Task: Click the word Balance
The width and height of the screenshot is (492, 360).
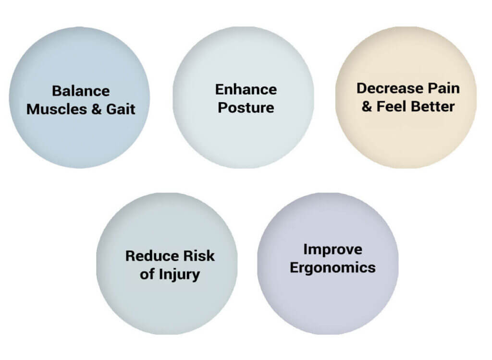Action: tap(81, 91)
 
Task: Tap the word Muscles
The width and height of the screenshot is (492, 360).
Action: tap(57, 109)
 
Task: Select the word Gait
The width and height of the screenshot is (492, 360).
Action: tap(121, 109)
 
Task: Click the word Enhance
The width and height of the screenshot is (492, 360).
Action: tap(246, 90)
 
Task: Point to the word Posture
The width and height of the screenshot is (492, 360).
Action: tap(246, 108)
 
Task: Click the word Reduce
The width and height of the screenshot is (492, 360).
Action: tap(152, 256)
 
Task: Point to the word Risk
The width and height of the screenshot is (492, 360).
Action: tap(199, 256)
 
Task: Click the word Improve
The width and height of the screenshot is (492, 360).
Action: tap(333, 250)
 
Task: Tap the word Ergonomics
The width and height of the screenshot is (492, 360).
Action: tap(333, 268)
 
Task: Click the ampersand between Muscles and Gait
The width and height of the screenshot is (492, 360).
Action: tap(97, 109)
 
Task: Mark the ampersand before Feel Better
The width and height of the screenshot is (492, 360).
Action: tap(367, 107)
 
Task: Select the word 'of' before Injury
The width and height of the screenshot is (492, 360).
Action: tap(148, 275)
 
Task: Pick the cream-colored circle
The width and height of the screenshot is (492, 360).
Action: tap(406, 97)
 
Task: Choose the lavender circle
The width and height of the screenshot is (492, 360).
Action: tap(328, 264)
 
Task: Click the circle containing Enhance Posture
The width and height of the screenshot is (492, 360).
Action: tap(243, 97)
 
